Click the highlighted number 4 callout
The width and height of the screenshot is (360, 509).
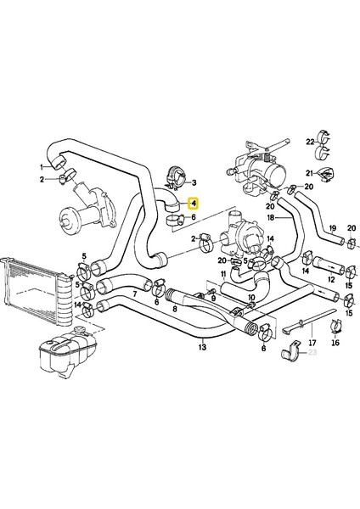point(194,204)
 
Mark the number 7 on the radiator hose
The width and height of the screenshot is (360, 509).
point(133,294)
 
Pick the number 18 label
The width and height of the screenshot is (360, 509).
point(270,218)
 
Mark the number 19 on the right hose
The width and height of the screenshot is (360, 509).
point(332,227)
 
